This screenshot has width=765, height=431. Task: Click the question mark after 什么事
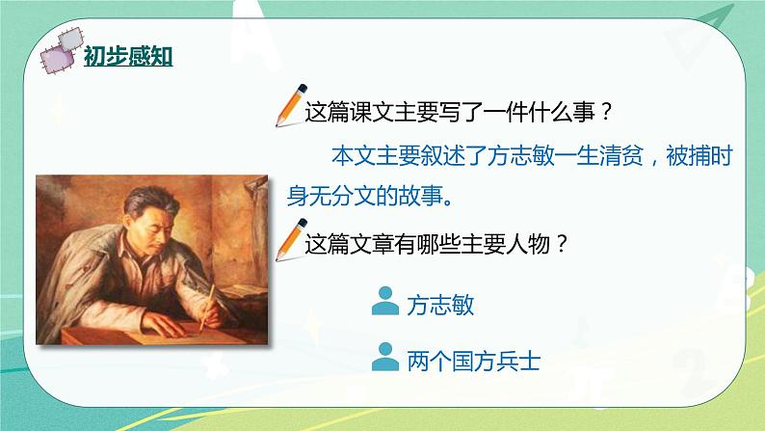click(605, 112)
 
